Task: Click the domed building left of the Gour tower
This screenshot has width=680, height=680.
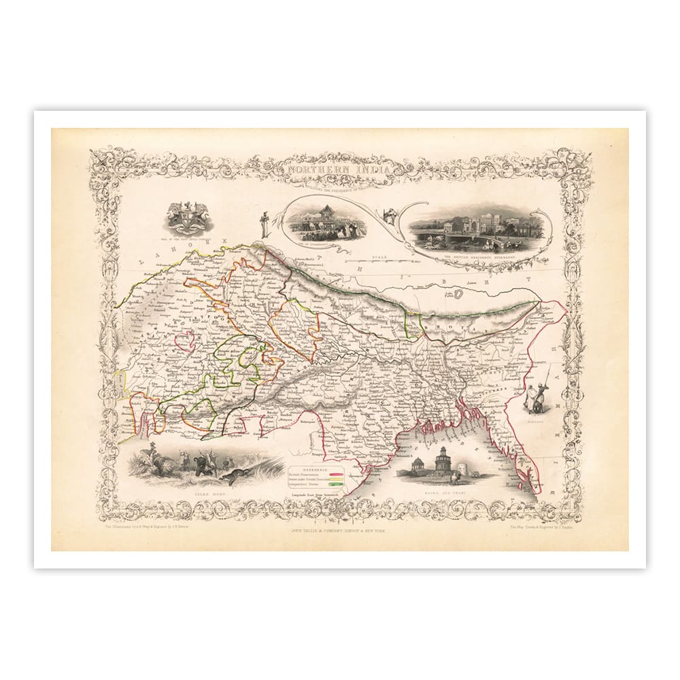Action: click(x=420, y=467)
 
